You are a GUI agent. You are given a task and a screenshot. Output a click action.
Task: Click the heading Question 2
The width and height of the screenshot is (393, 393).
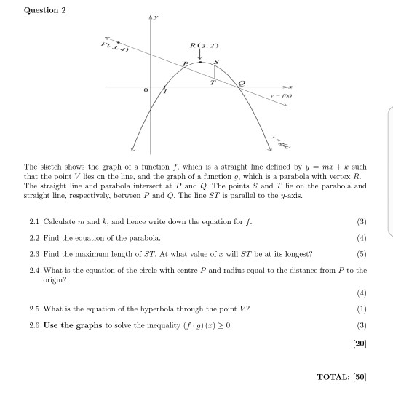click(x=45, y=10)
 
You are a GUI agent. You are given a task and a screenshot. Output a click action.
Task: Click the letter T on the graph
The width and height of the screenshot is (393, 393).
click(x=212, y=82)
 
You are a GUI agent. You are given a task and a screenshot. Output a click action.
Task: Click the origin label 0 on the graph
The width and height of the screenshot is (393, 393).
click(x=145, y=90)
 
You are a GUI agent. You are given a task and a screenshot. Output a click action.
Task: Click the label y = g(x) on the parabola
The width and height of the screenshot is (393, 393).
click(x=276, y=138)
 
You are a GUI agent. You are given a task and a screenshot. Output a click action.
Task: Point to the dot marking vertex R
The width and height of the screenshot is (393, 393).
click(x=201, y=63)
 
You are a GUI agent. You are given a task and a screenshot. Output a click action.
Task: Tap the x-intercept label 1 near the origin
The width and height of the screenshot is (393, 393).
click(x=165, y=92)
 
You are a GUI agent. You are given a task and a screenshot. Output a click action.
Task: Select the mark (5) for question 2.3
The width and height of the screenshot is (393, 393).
click(x=362, y=253)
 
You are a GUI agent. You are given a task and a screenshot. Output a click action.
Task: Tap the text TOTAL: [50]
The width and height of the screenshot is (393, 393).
click(x=342, y=377)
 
